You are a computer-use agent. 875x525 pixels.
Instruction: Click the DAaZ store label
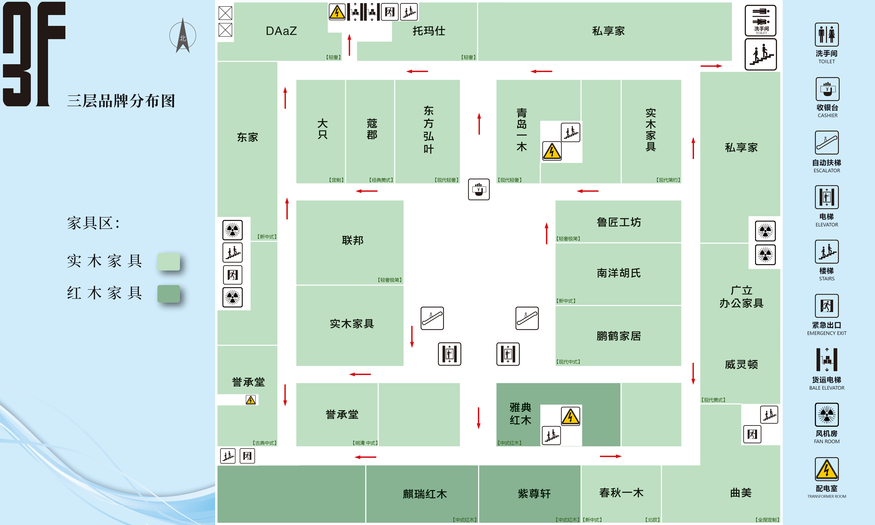point(281,31)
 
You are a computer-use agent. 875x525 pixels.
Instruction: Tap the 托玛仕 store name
point(429,31)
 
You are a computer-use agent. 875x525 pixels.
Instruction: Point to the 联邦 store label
point(353,240)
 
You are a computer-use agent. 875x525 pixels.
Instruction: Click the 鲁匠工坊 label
point(619,222)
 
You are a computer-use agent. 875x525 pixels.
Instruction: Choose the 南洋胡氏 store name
point(619,273)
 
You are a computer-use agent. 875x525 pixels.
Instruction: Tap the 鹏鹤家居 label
point(619,336)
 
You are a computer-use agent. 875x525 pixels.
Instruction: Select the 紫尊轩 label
point(534,494)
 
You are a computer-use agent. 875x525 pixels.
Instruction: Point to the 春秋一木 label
point(621,493)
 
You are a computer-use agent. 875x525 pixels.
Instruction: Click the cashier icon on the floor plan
point(479,189)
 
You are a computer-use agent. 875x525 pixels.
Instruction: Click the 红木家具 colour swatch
point(169,294)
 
